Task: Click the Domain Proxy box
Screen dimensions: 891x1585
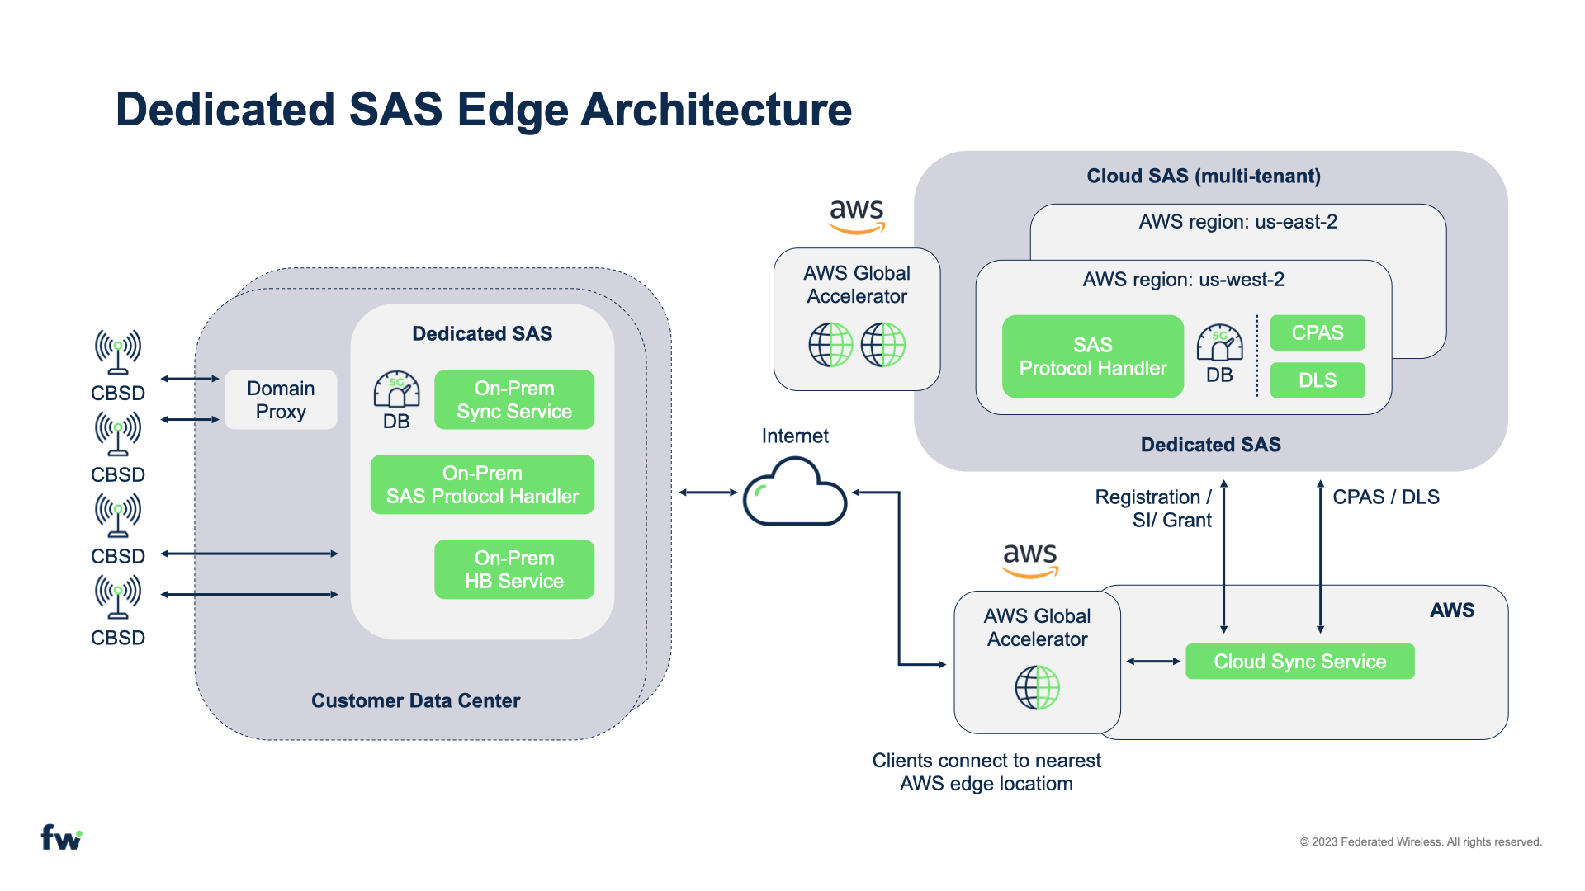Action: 281,400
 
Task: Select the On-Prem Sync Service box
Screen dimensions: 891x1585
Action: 514,400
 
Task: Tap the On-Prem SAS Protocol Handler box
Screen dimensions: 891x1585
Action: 482,485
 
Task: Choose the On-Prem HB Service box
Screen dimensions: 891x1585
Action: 514,570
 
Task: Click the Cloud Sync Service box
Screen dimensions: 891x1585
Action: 1299,662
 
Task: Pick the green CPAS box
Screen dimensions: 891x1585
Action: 1318,332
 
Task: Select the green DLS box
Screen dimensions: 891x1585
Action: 1318,380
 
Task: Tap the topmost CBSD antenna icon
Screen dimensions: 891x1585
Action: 118,351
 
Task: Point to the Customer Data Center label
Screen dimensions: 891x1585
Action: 415,700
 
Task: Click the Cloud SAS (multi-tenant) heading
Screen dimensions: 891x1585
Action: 1204,176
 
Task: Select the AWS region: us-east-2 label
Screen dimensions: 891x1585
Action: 1237,222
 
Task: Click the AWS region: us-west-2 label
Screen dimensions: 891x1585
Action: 1183,280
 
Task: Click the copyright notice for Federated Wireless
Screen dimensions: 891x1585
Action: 1421,841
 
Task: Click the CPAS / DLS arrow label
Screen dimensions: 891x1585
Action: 1386,497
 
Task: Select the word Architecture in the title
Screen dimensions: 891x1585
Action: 717,110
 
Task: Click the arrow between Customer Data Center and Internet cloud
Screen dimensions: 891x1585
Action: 707,493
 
